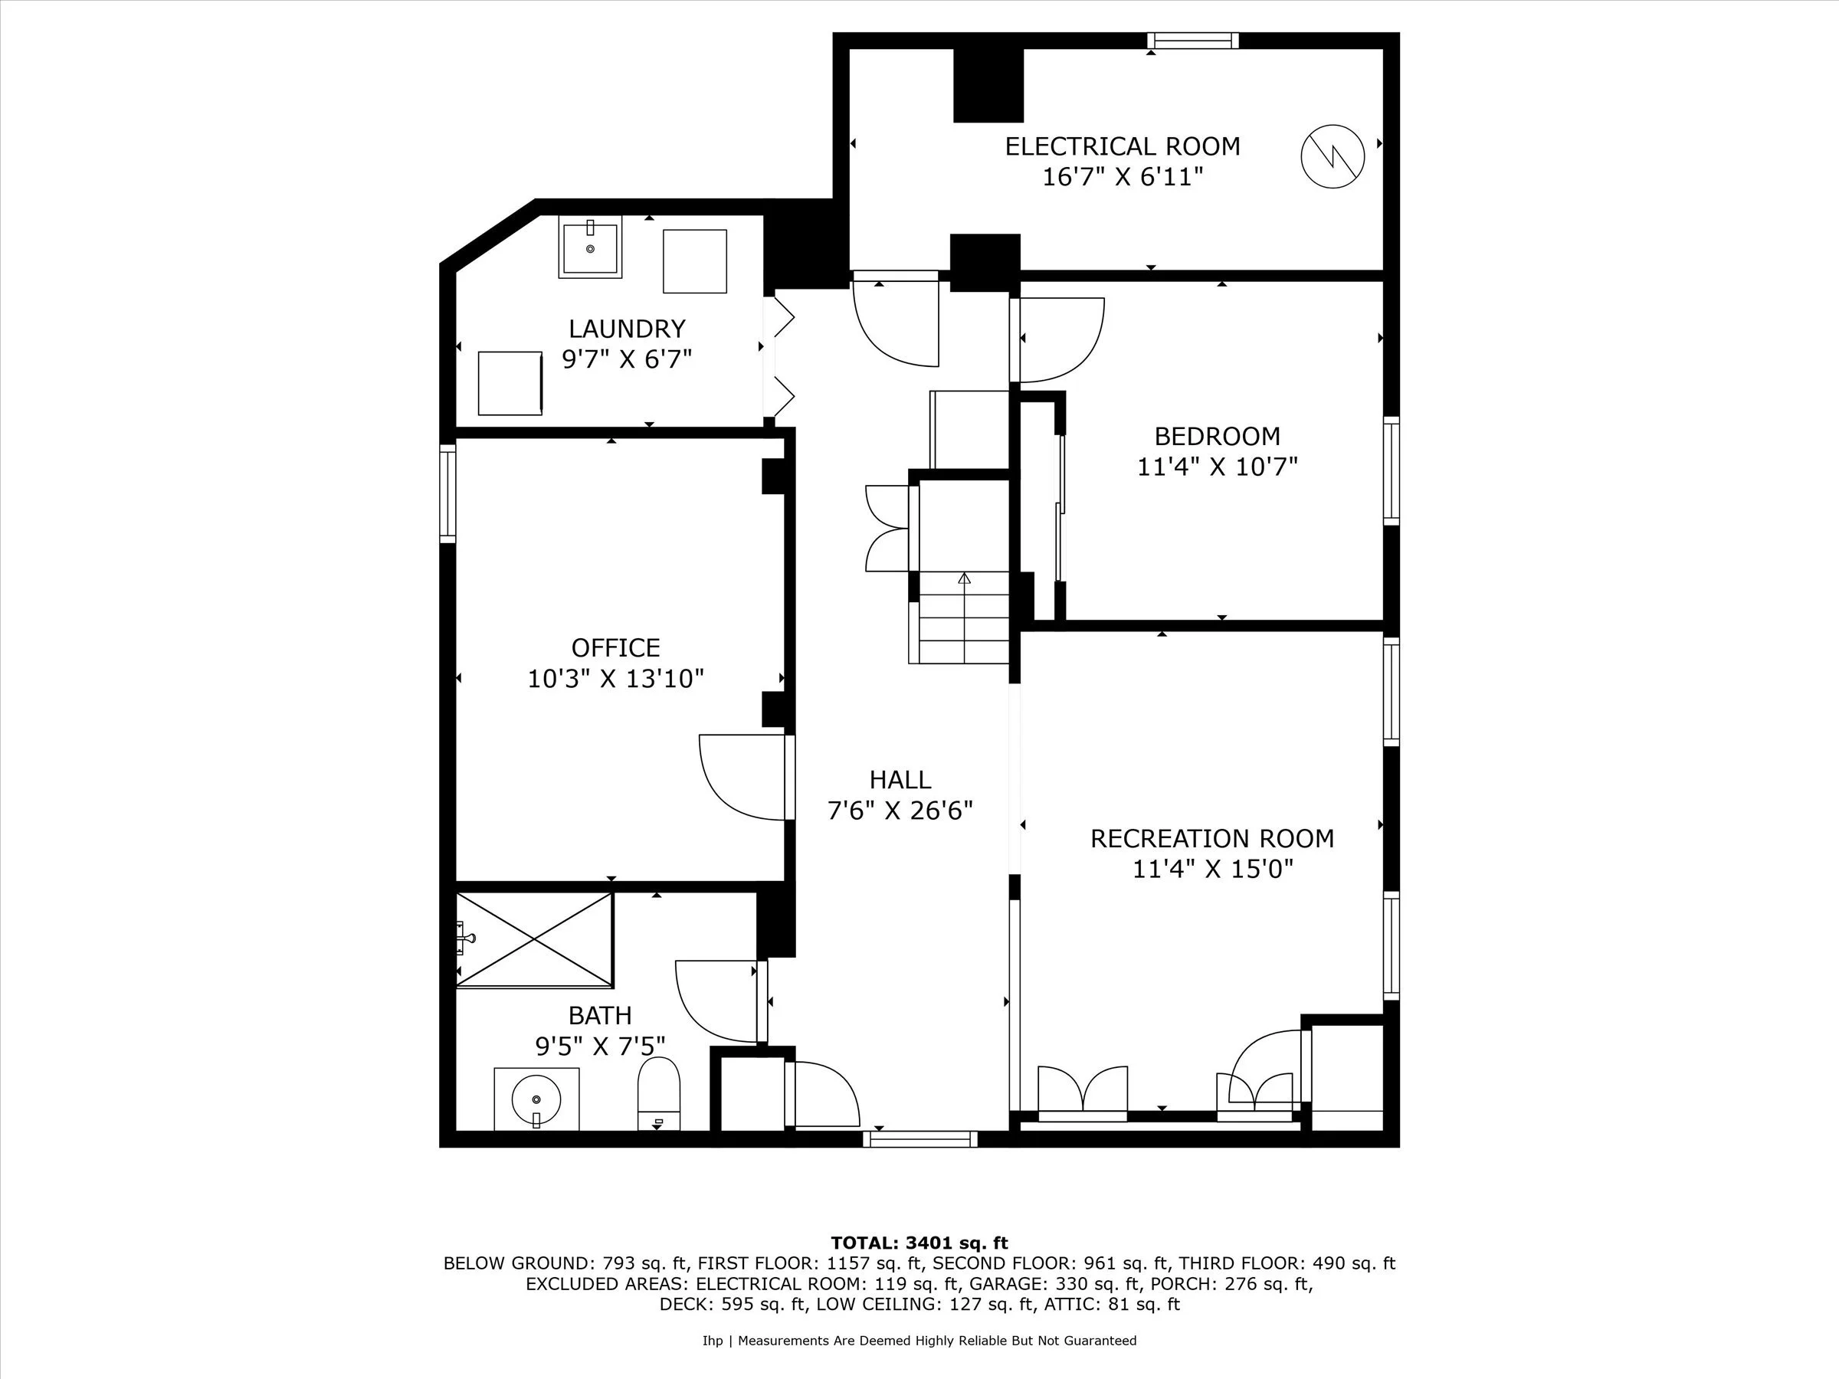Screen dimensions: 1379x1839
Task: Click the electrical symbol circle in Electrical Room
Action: (x=1332, y=156)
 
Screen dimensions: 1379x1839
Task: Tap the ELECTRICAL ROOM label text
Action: (x=1123, y=146)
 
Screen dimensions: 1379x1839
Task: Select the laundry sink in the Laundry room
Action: (x=590, y=247)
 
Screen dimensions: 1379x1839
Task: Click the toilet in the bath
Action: (x=658, y=1093)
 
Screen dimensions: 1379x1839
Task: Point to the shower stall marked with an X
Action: (x=535, y=940)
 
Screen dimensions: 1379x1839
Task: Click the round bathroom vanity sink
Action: (x=536, y=1099)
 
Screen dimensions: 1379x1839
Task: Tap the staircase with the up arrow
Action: (x=965, y=617)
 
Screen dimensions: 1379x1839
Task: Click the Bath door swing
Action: (x=716, y=1000)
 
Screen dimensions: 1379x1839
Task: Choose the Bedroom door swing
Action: (x=1060, y=339)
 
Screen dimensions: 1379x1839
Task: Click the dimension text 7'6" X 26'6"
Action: (x=900, y=811)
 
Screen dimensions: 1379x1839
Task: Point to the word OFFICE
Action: (x=615, y=647)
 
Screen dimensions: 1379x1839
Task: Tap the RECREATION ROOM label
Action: (x=1212, y=838)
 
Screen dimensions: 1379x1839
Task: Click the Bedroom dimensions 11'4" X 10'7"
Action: (x=1217, y=467)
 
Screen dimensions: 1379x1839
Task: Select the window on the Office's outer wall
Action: (x=448, y=493)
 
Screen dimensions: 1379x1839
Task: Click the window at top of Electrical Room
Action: (x=1192, y=41)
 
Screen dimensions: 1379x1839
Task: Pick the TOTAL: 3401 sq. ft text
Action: (x=919, y=1243)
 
